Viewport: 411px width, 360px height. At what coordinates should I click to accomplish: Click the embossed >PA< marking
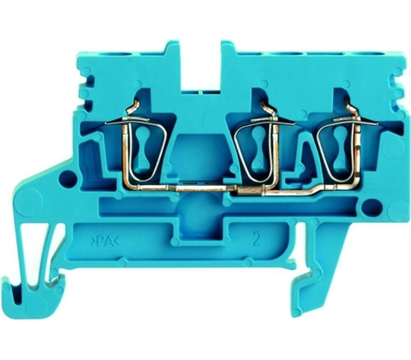(104, 242)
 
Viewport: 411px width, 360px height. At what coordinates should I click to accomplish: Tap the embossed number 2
(257, 240)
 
